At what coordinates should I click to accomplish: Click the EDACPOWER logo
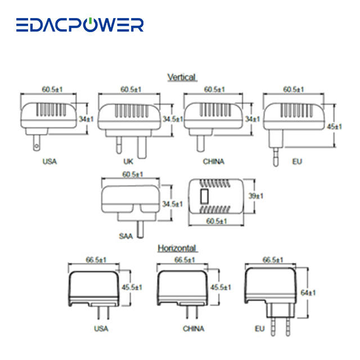pyautogui.click(x=79, y=25)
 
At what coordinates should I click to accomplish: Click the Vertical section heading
pyautogui.click(x=181, y=76)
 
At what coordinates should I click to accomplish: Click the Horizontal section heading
pyautogui.click(x=177, y=247)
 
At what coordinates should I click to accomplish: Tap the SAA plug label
pyautogui.click(x=125, y=236)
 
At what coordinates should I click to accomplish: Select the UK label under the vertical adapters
pyautogui.click(x=128, y=161)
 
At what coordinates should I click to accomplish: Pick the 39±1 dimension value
pyautogui.click(x=256, y=196)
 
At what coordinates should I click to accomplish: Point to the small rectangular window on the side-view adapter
pyautogui.click(x=205, y=197)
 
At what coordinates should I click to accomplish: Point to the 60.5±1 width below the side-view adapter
pyautogui.click(x=215, y=221)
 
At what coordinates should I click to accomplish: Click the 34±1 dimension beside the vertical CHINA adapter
pyautogui.click(x=252, y=119)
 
